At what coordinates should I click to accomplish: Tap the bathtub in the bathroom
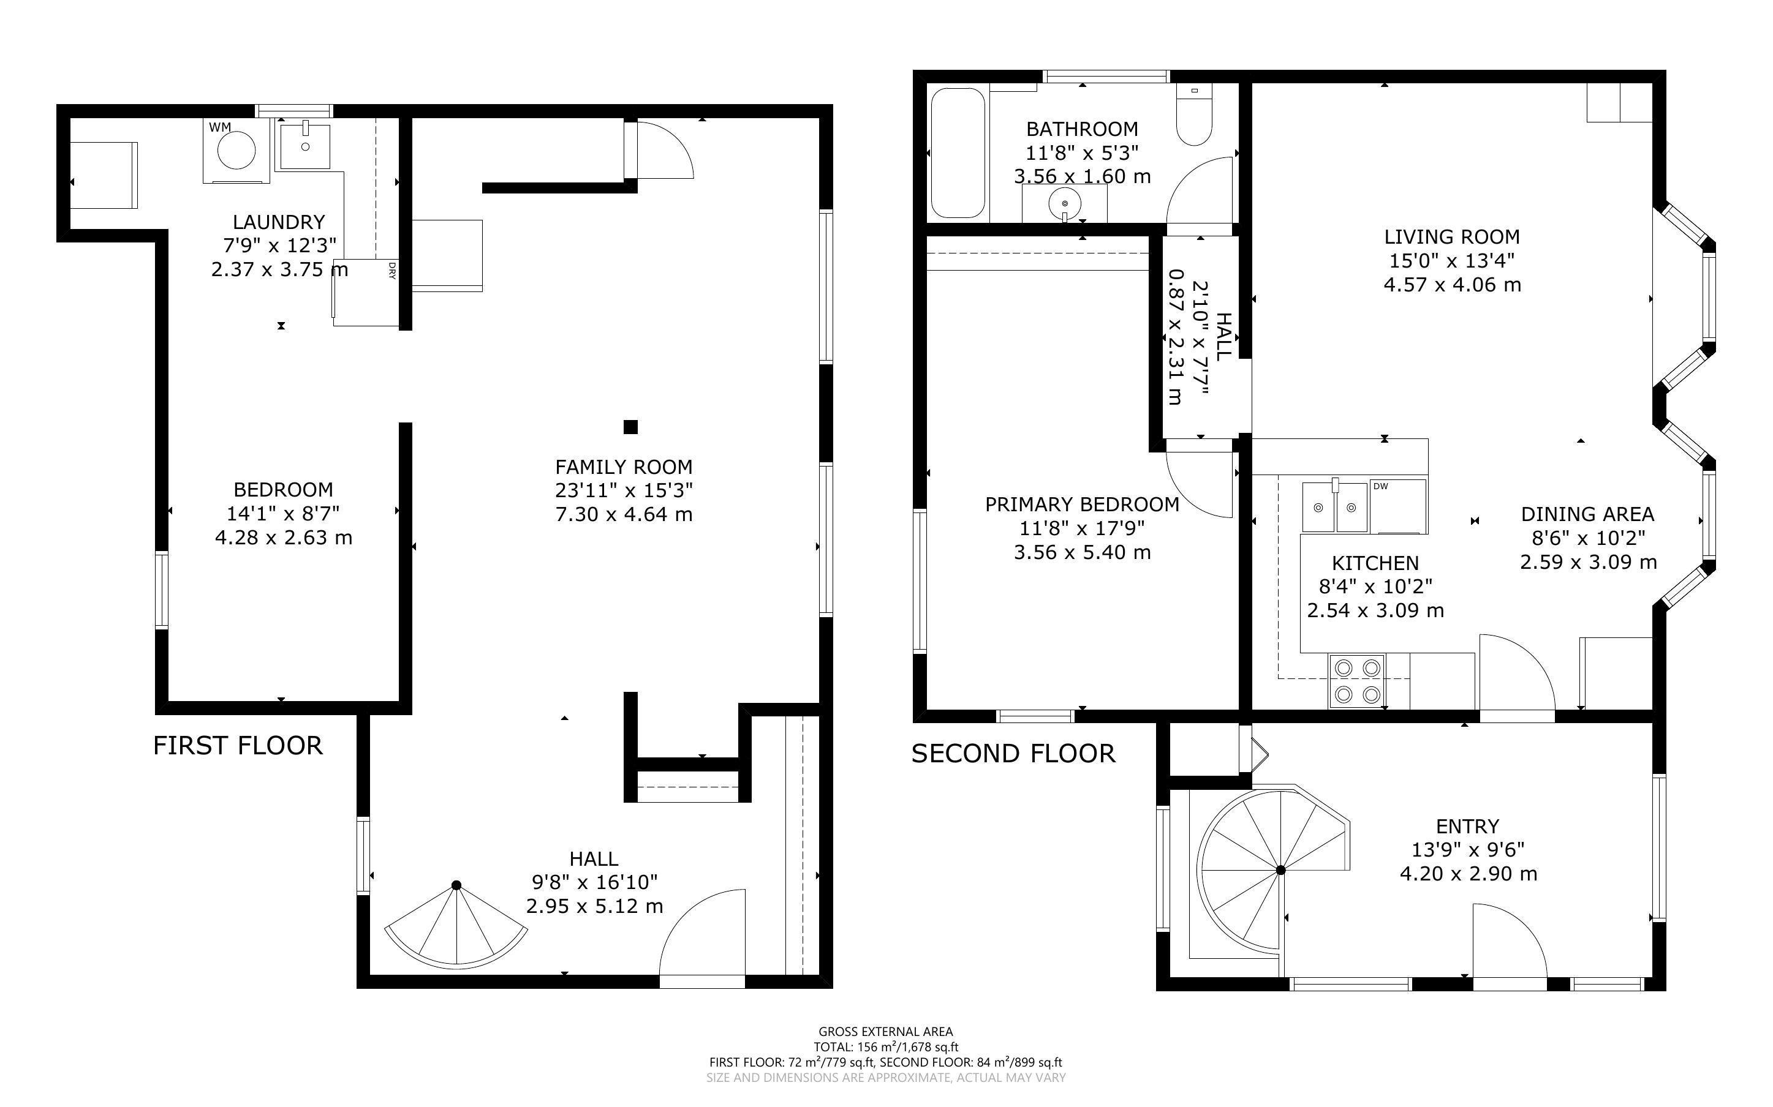pyautogui.click(x=958, y=153)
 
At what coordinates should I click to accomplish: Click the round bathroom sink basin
pyautogui.click(x=1065, y=201)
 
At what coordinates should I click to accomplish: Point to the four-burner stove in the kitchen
pyautogui.click(x=1358, y=680)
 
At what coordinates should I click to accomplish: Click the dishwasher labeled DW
pyautogui.click(x=1398, y=506)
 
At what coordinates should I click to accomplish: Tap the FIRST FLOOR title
pyautogui.click(x=237, y=745)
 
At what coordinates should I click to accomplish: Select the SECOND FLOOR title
pyautogui.click(x=1013, y=753)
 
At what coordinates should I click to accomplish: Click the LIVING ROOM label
pyautogui.click(x=1451, y=236)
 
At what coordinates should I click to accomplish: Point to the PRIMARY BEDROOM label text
pyautogui.click(x=1082, y=505)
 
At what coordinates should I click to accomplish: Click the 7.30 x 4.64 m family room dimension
pyautogui.click(x=623, y=514)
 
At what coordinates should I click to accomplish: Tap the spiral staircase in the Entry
pyautogui.click(x=1271, y=871)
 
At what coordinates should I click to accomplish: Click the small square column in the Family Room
pyautogui.click(x=630, y=427)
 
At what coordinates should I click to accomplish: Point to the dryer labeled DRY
pyautogui.click(x=366, y=292)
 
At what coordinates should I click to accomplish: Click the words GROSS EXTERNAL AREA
pyautogui.click(x=885, y=1032)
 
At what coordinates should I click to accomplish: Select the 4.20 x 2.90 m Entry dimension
pyautogui.click(x=1468, y=874)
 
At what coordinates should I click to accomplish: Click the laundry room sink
pyautogui.click(x=304, y=146)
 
